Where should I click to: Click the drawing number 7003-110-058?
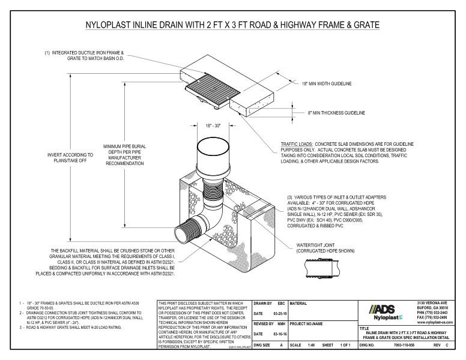tap(406, 347)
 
